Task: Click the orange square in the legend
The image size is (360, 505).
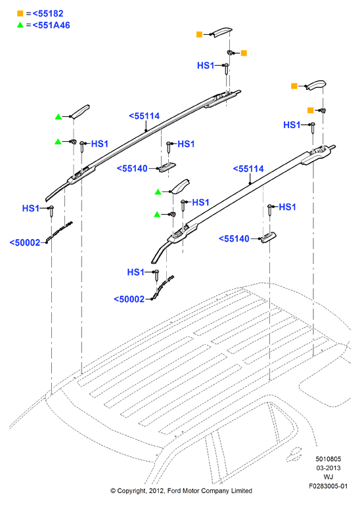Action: point(20,14)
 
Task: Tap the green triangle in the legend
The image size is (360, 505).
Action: point(20,25)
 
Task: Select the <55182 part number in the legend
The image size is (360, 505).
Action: point(48,14)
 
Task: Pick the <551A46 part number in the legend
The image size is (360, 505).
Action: point(51,25)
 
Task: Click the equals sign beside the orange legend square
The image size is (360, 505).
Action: point(28,14)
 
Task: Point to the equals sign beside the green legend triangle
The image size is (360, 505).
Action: point(28,25)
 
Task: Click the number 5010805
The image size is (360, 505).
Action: point(328,459)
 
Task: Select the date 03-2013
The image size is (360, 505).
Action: point(328,468)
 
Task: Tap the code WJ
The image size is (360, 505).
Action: point(328,477)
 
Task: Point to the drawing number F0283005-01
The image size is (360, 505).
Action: point(328,486)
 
